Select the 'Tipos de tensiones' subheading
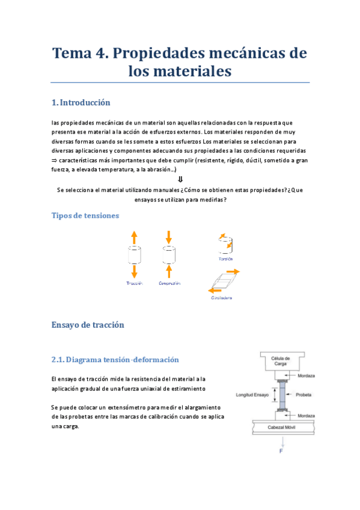tap(85, 215)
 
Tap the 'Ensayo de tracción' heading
tap(88, 325)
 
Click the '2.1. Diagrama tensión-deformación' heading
tap(115, 360)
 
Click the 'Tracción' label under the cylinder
tap(135, 283)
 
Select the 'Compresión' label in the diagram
tap(169, 283)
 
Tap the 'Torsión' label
tap(225, 259)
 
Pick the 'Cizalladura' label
tap(221, 298)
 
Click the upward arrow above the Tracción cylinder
tap(135, 236)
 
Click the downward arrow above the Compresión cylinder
tap(169, 236)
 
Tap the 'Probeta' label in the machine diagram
tap(303, 395)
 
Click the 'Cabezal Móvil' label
tap(282, 428)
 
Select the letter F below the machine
tap(281, 450)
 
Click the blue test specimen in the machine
tap(281, 396)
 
